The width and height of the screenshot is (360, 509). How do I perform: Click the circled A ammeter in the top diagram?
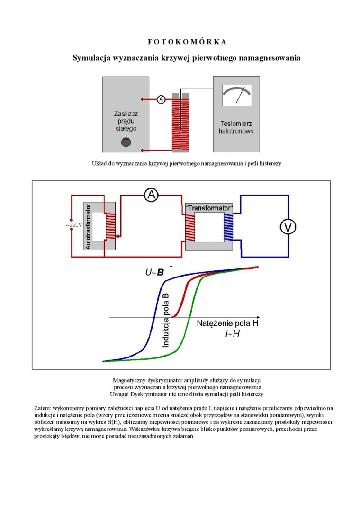pos(161,99)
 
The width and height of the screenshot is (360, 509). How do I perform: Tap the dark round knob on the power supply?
pos(126,142)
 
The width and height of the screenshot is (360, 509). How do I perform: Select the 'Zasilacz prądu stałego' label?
pos(126,121)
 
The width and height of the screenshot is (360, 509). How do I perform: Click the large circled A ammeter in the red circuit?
pos(150,194)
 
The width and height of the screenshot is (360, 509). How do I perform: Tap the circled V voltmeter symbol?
pos(288,227)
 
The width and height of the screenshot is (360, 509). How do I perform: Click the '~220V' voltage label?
pos(73,225)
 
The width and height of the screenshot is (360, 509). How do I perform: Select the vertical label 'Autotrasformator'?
pos(89,227)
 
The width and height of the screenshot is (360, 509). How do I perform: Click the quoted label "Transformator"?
pos(209,208)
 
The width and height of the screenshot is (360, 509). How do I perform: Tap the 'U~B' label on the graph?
pos(154,273)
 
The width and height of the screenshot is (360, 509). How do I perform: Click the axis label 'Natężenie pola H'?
pos(228,324)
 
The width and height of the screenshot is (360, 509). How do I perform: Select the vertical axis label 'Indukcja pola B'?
pos(166,320)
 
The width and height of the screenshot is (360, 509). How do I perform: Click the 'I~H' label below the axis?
pos(232,334)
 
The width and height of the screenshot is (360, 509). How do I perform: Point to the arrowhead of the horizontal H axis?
pos(258,317)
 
